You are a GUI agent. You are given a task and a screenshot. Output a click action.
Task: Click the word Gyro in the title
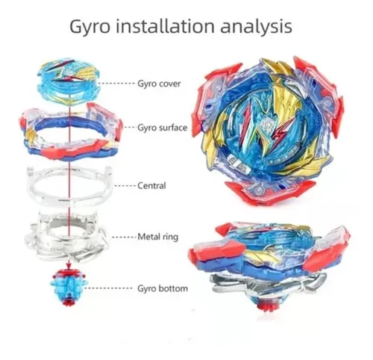point(90,27)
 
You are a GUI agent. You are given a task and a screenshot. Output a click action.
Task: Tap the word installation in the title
point(165,26)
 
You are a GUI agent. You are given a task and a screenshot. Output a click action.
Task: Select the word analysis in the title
point(257,27)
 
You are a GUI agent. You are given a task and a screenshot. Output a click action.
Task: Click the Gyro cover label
point(159,84)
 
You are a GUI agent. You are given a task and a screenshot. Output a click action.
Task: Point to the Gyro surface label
point(162,128)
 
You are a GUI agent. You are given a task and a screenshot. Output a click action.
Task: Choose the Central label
point(151,186)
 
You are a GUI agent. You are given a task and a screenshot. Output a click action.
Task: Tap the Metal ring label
point(158,237)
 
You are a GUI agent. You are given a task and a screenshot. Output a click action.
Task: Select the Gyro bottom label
point(163,289)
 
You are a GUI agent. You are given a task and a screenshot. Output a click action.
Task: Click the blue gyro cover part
point(68,81)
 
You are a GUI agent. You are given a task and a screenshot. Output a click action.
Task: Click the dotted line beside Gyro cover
point(116,84)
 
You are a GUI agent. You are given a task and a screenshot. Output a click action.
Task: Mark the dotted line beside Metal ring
point(125,237)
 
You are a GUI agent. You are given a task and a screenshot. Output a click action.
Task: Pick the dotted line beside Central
point(125,186)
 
